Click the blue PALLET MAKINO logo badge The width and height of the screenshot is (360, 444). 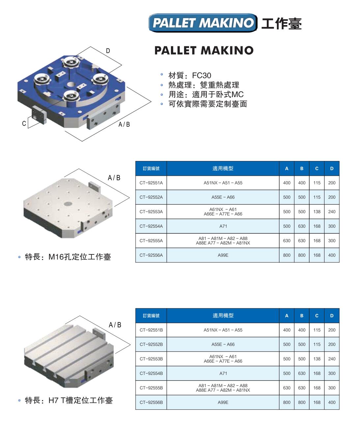(203, 23)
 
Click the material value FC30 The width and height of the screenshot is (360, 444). (201, 75)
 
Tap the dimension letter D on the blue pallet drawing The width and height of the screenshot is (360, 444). (108, 51)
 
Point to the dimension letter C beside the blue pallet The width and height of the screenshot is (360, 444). (24, 123)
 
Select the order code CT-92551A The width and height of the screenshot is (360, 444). (151, 183)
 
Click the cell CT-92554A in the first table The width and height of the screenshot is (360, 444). (151, 226)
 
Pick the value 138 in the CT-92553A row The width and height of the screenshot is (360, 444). (317, 212)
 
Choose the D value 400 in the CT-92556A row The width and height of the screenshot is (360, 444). (332, 255)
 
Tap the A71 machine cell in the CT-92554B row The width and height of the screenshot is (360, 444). (223, 373)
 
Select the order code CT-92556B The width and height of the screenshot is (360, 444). (151, 402)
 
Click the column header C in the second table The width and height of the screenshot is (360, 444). (317, 316)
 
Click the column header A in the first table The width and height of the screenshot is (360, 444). (287, 169)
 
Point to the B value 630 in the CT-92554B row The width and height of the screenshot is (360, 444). (302, 373)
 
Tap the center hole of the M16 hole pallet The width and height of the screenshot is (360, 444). (68, 204)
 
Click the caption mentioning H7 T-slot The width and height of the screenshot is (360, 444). (69, 400)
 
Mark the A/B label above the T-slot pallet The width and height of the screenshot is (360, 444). (115, 325)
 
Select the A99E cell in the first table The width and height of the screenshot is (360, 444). (223, 255)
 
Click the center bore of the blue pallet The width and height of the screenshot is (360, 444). (71, 85)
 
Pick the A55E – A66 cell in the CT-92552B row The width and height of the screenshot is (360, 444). (223, 344)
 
